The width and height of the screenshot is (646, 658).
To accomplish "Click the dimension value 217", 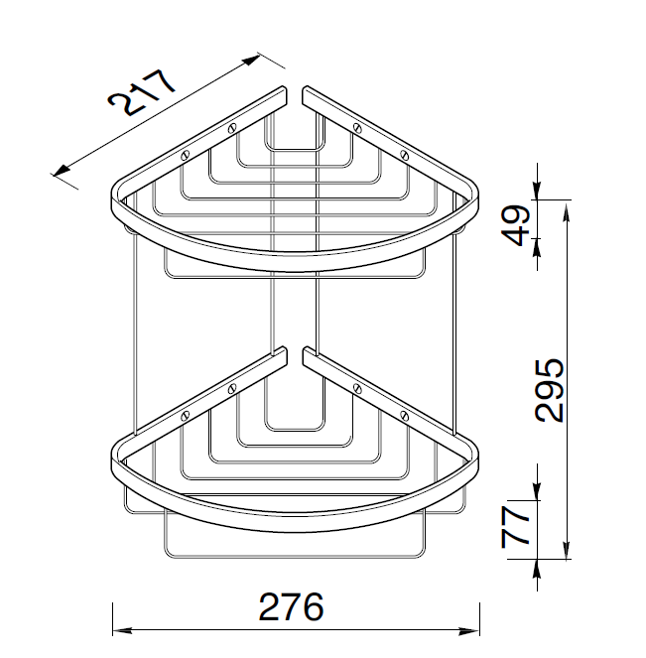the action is coord(141,92).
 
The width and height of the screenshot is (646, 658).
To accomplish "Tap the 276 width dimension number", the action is coord(291,606).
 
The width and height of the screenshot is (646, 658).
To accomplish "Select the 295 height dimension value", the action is coord(550,390).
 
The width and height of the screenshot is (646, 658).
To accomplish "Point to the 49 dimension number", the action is coord(516,225).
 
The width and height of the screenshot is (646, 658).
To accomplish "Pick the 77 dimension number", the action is coord(516,527).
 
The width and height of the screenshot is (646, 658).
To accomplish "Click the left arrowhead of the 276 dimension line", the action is coord(122,630).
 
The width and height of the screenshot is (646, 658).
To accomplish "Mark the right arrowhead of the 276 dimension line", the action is coord(469,630).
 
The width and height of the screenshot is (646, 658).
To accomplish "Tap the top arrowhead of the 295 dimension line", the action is coord(567,211).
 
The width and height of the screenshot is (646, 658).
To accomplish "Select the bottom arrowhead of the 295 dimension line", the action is coord(567,549).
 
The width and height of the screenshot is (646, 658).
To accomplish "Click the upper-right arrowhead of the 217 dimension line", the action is coord(250,61).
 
